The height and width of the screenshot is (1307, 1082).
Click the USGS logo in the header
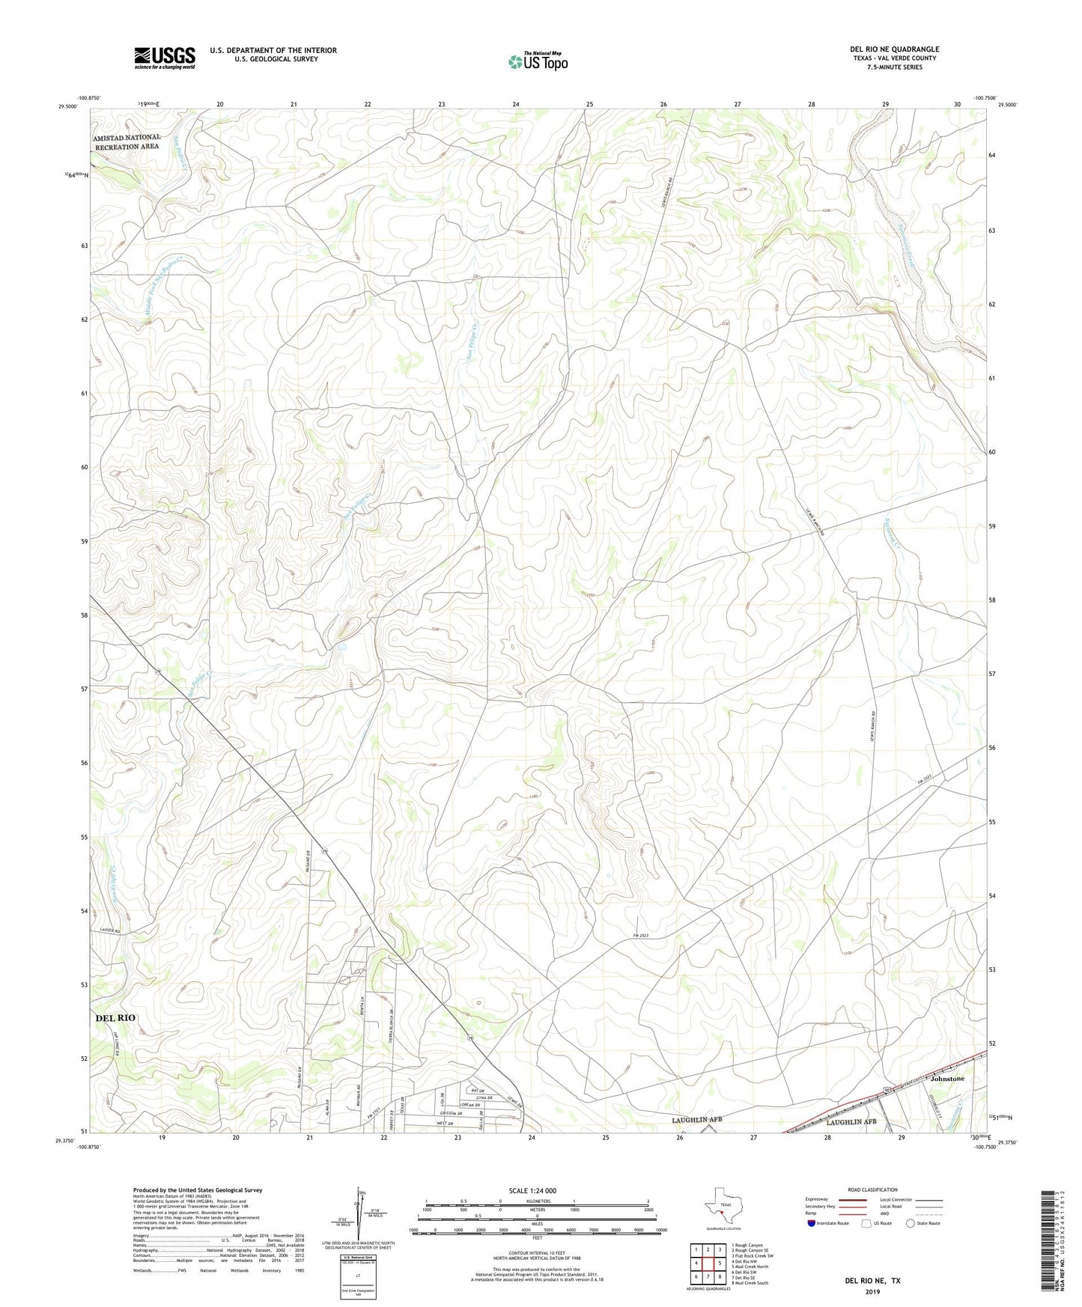tap(165, 57)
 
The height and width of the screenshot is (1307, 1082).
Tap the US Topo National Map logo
tap(538, 61)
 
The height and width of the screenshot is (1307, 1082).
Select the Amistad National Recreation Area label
tap(127, 142)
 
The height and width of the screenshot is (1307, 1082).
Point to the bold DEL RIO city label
tap(116, 1018)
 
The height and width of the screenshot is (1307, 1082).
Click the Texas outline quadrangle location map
tap(723, 1204)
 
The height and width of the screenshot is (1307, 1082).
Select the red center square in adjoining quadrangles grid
tap(708, 1263)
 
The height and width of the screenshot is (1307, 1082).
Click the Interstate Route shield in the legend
tap(812, 1223)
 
